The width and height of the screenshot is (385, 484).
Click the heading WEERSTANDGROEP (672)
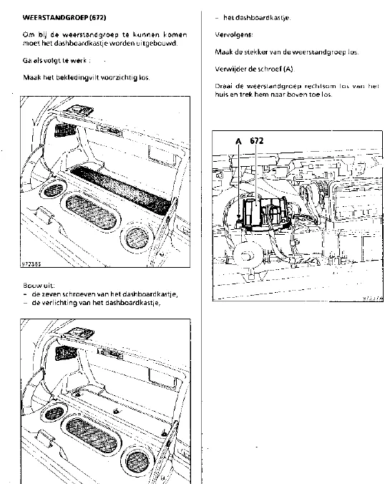coord(64,17)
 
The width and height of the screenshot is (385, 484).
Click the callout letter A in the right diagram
coord(238,141)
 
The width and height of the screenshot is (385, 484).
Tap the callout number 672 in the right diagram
coord(257,141)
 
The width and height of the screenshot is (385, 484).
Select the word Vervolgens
coord(233,34)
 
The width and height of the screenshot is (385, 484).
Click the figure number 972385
coord(31,264)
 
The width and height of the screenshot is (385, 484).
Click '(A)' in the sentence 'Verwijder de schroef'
coord(289,69)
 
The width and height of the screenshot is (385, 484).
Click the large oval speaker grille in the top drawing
coord(92,210)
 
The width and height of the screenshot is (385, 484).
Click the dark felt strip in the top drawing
coord(121,190)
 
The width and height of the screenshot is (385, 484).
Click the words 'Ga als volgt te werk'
coord(54,60)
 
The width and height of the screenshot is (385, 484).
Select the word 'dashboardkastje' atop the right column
coord(256,18)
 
